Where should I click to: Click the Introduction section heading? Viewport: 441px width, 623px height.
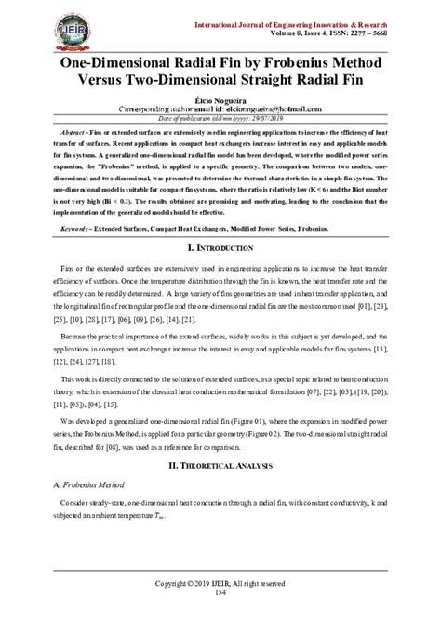(221, 249)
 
